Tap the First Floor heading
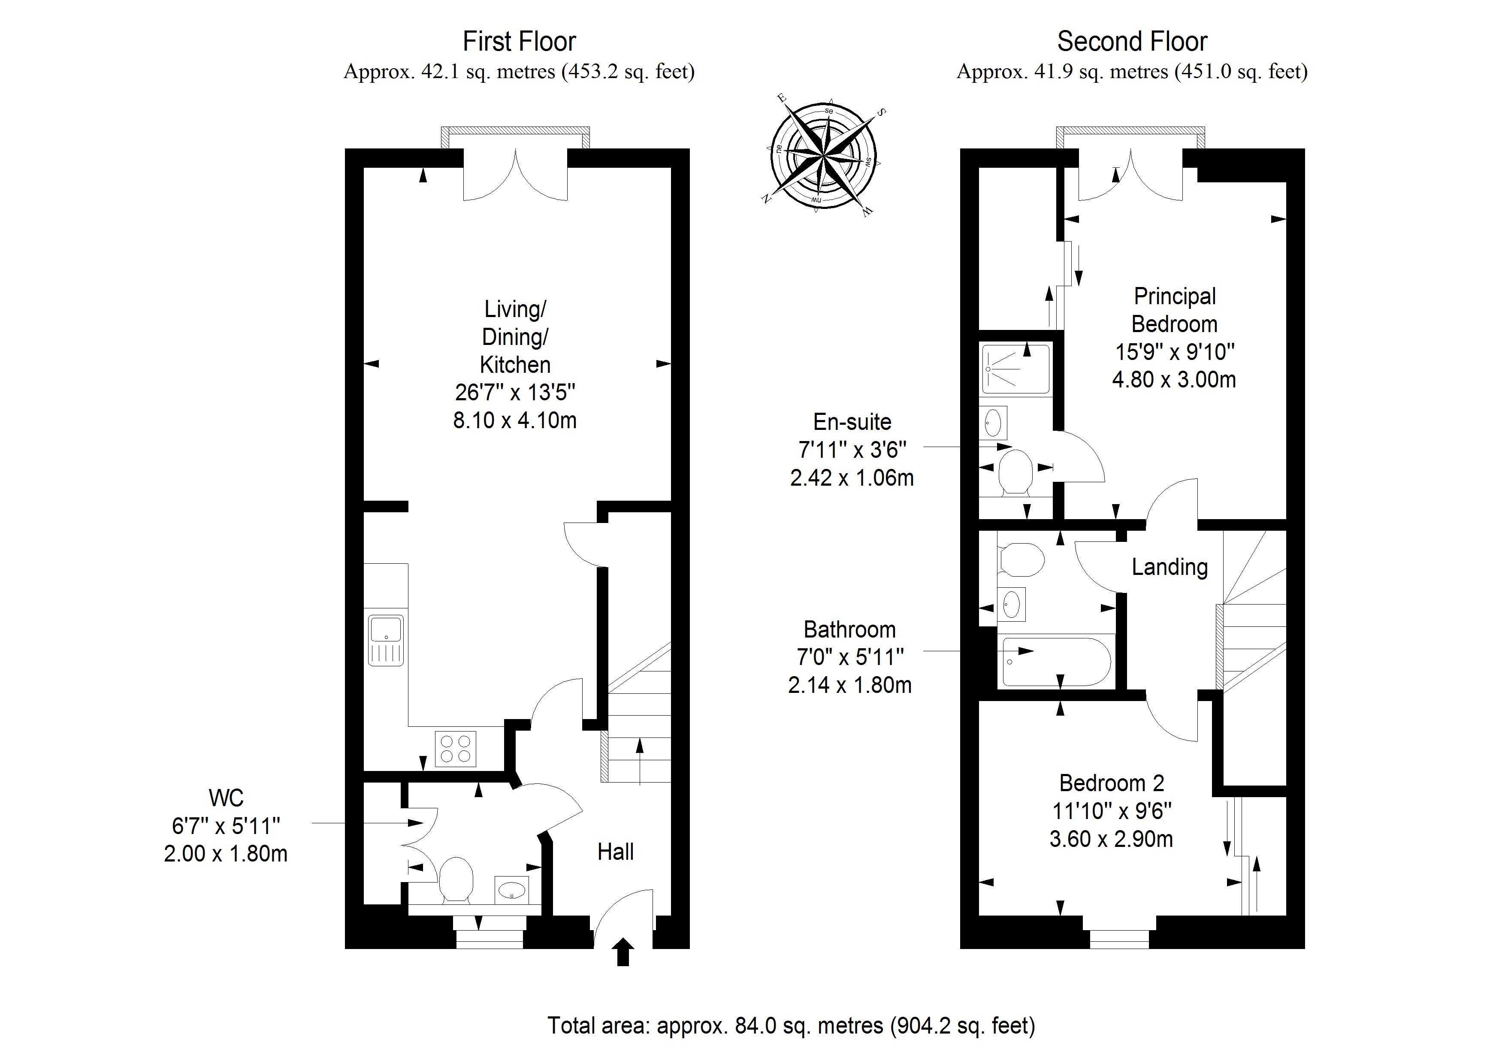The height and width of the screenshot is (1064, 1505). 519,41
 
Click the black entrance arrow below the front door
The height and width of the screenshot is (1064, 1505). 623,951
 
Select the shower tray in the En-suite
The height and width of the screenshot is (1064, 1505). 1015,369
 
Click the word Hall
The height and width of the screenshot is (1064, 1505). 615,852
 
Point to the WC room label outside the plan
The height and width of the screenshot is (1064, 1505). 226,798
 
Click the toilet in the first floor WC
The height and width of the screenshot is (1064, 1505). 456,879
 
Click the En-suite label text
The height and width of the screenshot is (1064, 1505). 852,422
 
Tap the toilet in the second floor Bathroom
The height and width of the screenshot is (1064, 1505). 1021,559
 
